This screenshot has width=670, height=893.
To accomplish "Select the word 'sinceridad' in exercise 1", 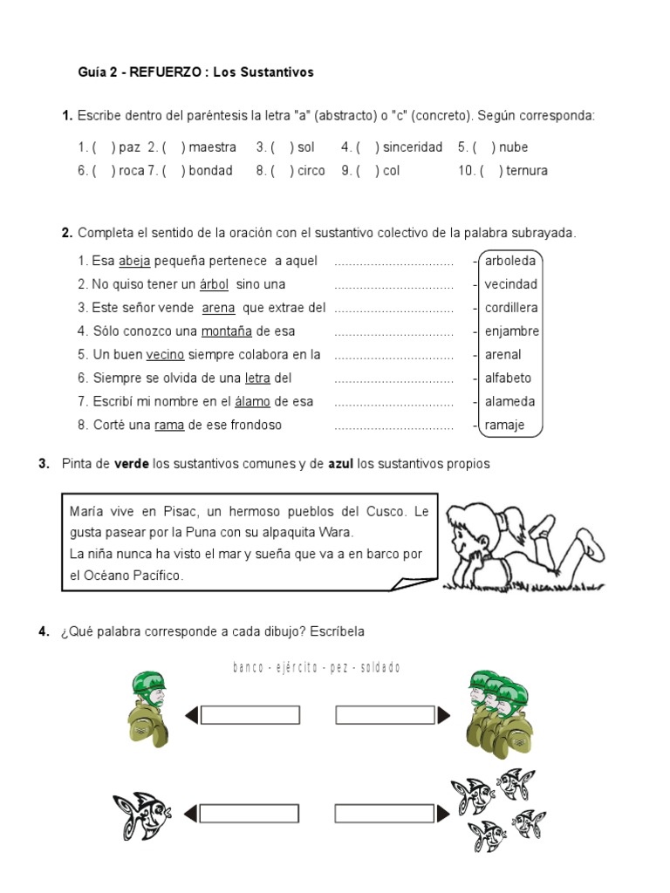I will click(413, 147).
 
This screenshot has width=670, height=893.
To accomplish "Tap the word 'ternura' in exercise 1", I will click(526, 171).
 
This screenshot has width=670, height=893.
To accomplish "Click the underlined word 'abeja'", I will click(134, 261).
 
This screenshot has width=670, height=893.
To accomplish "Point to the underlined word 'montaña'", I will click(227, 331).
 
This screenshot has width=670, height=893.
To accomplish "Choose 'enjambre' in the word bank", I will click(512, 331).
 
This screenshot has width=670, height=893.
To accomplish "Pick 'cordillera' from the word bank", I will click(511, 308).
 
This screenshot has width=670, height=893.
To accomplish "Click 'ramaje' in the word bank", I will click(505, 426).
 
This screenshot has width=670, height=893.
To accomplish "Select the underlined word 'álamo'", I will click(252, 402).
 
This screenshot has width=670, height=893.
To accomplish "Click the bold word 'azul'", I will click(339, 464).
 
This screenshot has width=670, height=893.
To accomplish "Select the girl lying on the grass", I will click(523, 545).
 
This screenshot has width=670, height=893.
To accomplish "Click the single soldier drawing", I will click(148, 711).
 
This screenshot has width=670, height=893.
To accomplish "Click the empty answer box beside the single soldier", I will click(250, 715).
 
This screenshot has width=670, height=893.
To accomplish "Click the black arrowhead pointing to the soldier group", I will click(444, 715).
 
